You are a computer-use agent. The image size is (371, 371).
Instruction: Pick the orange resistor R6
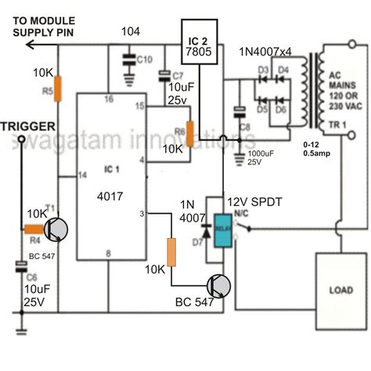(x=188, y=134)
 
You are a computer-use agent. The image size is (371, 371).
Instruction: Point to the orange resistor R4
(x=34, y=229)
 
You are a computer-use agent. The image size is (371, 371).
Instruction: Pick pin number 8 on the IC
(x=109, y=252)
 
